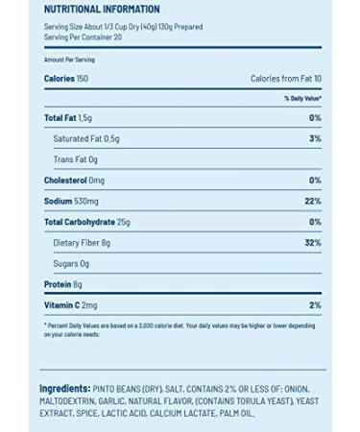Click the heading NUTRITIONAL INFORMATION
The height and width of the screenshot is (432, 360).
point(101,10)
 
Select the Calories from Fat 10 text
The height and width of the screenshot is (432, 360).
point(286,78)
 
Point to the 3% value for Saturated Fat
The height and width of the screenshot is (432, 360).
point(315,139)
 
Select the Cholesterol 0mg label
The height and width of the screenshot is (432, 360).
point(74,180)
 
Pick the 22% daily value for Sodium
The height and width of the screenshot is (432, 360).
point(313,201)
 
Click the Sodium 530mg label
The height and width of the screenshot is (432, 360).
point(72,201)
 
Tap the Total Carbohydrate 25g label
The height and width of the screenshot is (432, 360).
point(87,222)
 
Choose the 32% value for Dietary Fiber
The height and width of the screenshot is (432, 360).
point(312,242)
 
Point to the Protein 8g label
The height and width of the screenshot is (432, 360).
point(63,284)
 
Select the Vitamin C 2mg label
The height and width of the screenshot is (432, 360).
point(71,304)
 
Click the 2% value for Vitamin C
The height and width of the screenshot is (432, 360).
point(315,304)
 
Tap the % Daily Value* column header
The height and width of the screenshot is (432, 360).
point(301,98)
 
